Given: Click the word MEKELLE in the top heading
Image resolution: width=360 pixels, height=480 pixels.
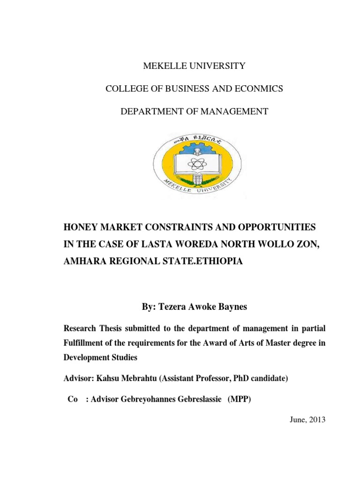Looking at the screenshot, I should click(163, 66).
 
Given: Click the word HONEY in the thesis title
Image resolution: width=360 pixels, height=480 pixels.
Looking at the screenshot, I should click(79, 227).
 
